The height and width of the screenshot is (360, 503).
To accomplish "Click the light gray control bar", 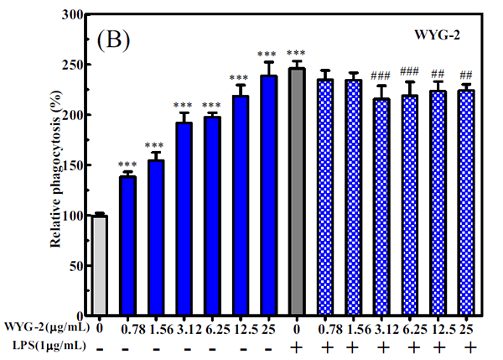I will pos(101,265).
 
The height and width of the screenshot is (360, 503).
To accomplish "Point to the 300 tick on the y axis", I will pos(80,15).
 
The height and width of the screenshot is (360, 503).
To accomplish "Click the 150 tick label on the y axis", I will pos(67,165).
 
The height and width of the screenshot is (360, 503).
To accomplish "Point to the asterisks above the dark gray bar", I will pos(296,53).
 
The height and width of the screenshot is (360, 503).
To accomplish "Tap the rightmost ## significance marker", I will pos(466,74).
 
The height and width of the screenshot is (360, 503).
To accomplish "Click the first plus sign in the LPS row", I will pos(296,347).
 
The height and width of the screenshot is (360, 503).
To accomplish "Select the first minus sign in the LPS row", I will pos(101,346).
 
